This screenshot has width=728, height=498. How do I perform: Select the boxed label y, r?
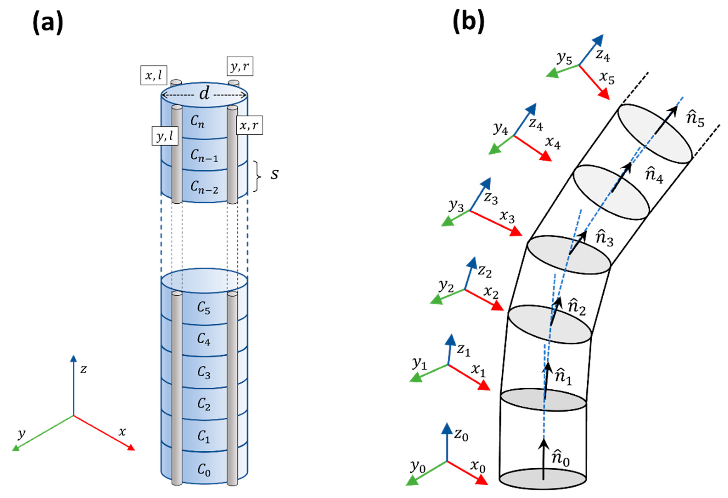(240, 66)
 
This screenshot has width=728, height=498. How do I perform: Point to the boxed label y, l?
(165, 136)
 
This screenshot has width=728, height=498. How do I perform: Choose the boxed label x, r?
(249, 125)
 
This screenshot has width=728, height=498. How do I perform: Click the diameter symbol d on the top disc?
(204, 94)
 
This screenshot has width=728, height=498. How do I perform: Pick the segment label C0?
(204, 470)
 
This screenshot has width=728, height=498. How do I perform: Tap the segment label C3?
(204, 373)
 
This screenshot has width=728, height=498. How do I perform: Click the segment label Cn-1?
(204, 155)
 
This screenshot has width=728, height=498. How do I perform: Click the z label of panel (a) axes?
(83, 369)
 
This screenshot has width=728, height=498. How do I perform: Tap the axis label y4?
(500, 128)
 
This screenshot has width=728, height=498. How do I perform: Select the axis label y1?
(419, 364)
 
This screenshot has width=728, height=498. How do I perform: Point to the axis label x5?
(607, 77)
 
